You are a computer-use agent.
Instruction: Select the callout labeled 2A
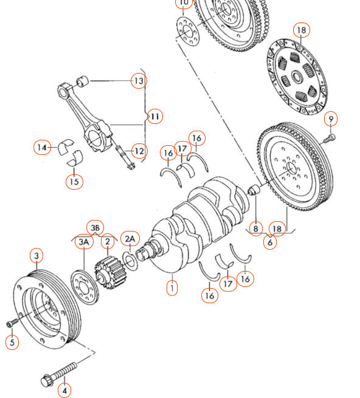tap(130, 238)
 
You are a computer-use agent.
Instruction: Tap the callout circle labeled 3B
tap(95, 227)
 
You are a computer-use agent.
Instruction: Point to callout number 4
tap(63, 389)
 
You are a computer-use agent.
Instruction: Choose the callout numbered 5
tap(11, 343)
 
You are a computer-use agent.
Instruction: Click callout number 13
tap(139, 80)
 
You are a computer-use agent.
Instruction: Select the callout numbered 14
tap(41, 147)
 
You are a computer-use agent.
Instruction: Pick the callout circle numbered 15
tap(74, 180)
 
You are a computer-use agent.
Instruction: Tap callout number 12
tap(139, 151)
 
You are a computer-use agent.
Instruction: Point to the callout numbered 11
tap(155, 115)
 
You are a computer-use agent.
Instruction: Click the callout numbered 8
tap(256, 228)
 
